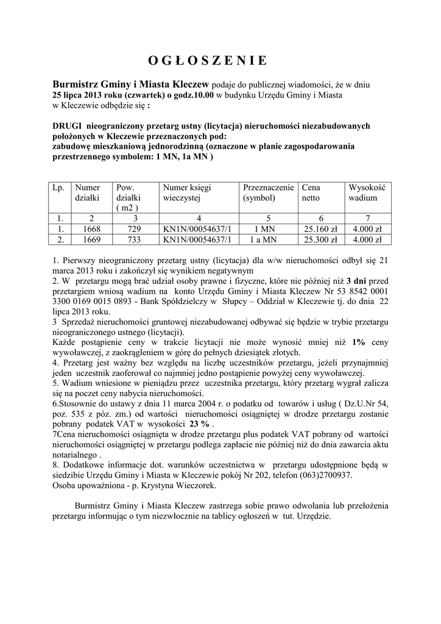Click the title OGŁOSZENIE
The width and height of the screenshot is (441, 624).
[207, 60]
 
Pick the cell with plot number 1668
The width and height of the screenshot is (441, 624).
[91, 229]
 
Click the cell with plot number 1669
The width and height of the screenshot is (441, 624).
[91, 239]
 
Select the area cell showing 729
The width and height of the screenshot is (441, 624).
[135, 229]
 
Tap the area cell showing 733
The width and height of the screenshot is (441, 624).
[135, 239]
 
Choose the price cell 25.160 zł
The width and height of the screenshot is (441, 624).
[320, 229]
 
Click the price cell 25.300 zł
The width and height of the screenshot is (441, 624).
[320, 239]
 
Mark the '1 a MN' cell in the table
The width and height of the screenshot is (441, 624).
[267, 239]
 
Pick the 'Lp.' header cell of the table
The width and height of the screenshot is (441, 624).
[58, 188]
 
